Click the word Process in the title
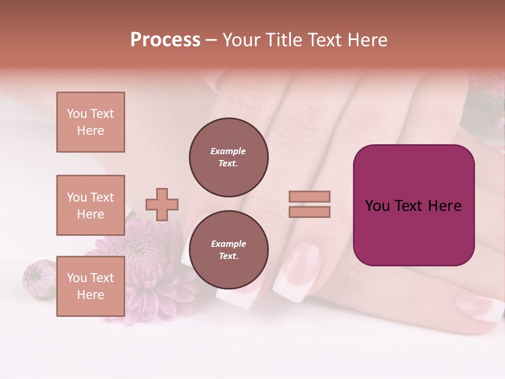click(x=165, y=40)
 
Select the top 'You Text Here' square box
click(x=90, y=122)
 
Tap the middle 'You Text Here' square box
click(x=90, y=205)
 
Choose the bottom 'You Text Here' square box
click(x=90, y=286)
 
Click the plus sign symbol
click(x=162, y=204)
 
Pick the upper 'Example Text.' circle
click(x=229, y=157)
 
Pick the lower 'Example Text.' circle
click(x=229, y=250)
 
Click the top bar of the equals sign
click(x=309, y=197)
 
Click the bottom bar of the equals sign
click(x=309, y=212)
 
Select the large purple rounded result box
click(x=413, y=205)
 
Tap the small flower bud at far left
click(x=38, y=279)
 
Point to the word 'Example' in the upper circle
click(x=228, y=151)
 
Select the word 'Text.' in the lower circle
click(x=228, y=256)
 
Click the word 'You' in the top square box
click(x=77, y=114)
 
